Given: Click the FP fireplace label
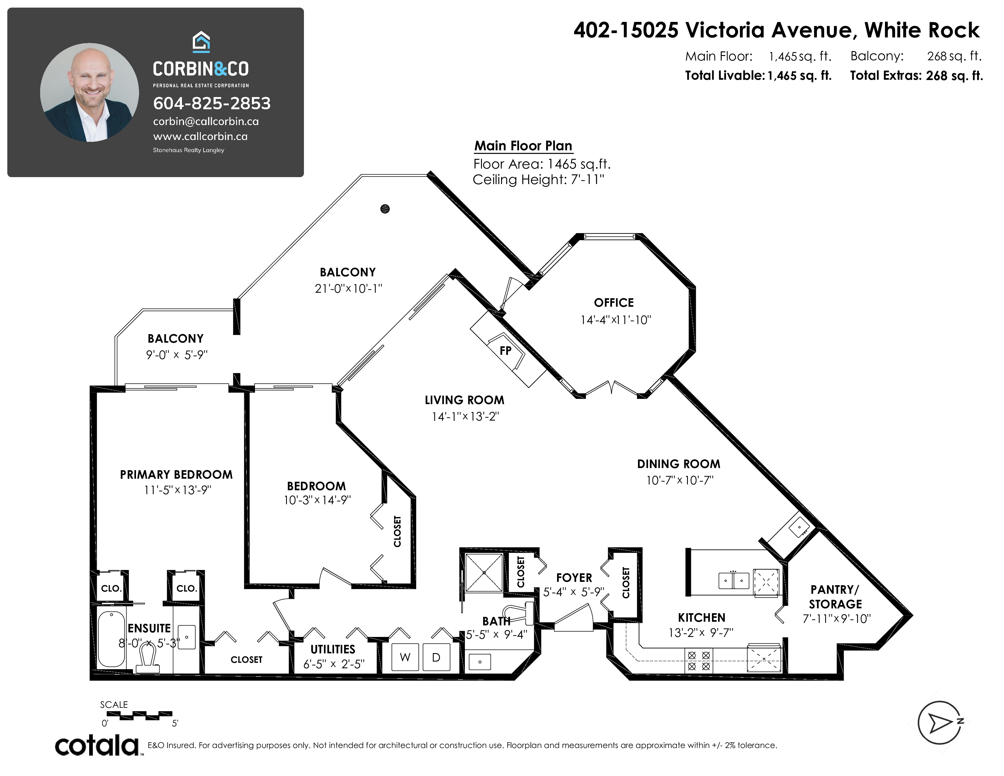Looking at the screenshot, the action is (505, 351).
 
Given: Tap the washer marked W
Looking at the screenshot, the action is (405, 657).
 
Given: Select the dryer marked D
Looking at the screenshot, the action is (436, 657).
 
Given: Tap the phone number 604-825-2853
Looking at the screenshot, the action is (212, 103).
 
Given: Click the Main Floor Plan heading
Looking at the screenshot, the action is (523, 146).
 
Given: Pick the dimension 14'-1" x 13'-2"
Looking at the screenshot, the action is (465, 417).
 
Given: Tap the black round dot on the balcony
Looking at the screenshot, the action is (385, 209).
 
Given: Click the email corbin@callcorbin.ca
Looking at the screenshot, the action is (206, 122).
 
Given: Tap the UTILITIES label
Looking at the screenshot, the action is (333, 650).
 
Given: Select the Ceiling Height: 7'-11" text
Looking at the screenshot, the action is (538, 180).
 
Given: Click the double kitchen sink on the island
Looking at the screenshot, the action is (734, 580).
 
